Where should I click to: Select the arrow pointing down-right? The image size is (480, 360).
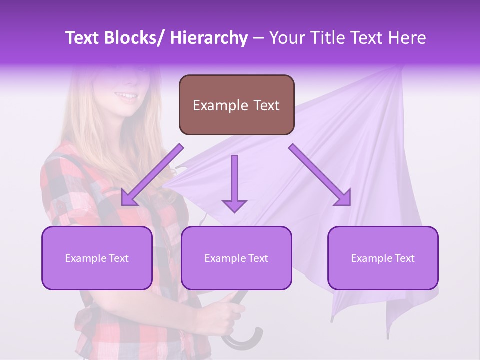pos(320,175)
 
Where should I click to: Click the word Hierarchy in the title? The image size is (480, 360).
pos(208,38)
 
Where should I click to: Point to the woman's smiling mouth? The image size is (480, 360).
pos(127,96)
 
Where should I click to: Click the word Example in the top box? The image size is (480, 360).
pos(220,106)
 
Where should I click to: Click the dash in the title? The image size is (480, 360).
pos(258,38)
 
